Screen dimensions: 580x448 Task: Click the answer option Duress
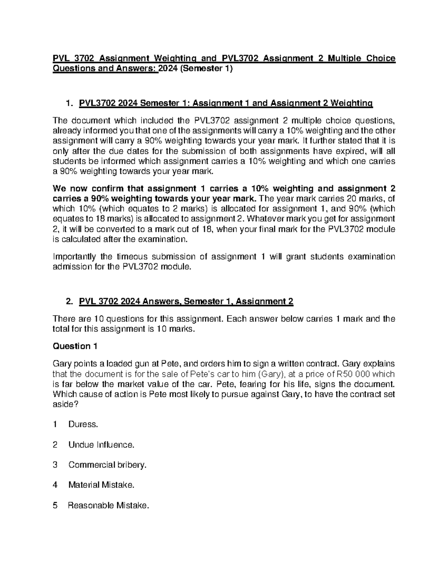pos(83,425)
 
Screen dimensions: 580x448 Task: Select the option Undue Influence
pos(101,445)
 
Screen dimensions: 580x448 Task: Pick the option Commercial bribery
pos(108,465)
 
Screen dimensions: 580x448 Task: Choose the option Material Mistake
pos(101,485)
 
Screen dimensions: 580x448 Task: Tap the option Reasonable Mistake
pos(108,506)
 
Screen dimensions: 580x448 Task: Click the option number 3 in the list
pos(55,465)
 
